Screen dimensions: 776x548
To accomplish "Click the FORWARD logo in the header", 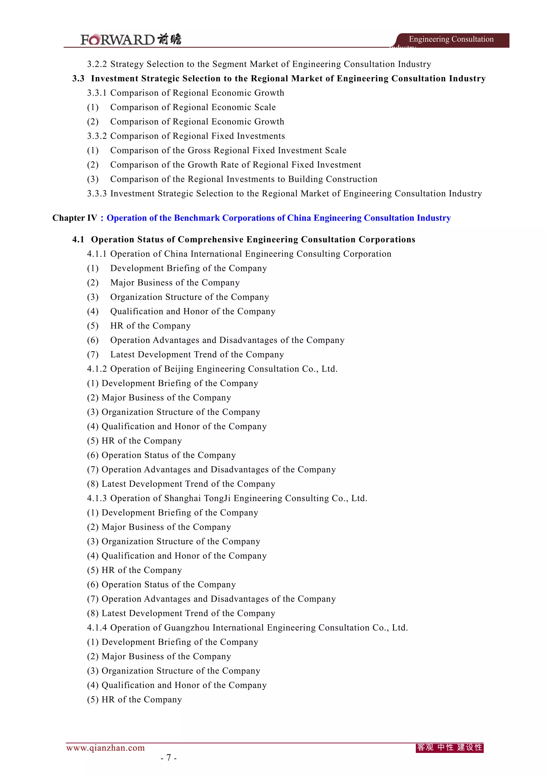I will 131,40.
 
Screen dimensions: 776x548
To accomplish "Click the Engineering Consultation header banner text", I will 451,39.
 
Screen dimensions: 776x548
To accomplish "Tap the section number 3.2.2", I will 97,64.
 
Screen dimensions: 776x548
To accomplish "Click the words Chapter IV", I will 75,218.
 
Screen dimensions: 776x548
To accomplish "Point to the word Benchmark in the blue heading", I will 197,218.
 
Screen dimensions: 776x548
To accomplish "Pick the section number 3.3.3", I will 97,194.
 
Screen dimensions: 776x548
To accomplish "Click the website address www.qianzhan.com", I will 105,748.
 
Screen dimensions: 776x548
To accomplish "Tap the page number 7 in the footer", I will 169,758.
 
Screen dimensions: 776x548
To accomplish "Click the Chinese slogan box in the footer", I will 450,748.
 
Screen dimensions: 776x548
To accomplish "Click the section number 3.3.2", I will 97,136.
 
